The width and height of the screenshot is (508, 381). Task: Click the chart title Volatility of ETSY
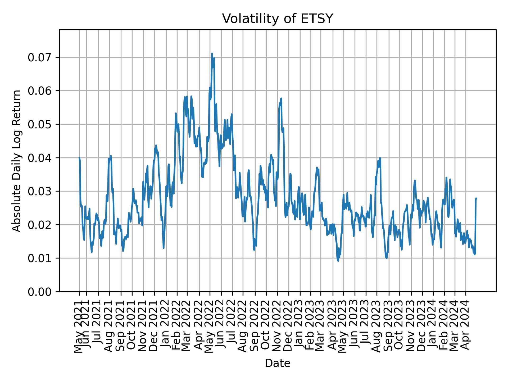tap(277, 19)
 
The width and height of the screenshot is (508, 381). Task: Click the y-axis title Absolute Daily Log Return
tap(17, 161)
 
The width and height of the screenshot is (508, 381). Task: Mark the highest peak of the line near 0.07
tap(212, 54)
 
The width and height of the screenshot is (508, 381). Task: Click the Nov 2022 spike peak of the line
tap(281, 98)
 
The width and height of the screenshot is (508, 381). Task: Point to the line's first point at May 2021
tap(79, 157)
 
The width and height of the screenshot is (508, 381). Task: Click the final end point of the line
tap(476, 198)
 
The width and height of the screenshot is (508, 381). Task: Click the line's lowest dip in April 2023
tap(338, 261)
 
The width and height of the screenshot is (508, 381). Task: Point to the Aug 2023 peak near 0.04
tap(380, 158)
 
